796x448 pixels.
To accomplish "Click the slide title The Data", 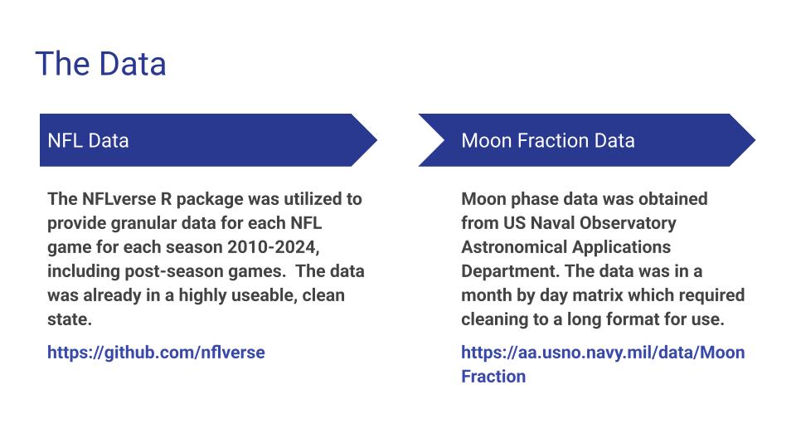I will pyautogui.click(x=100, y=64).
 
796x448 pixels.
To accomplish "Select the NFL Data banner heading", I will pyautogui.click(x=88, y=140).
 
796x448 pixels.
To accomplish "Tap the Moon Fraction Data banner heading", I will pyautogui.click(x=547, y=140).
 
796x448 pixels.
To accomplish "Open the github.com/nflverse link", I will pyautogui.click(x=156, y=353).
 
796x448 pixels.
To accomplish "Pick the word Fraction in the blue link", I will pyautogui.click(x=493, y=377).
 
